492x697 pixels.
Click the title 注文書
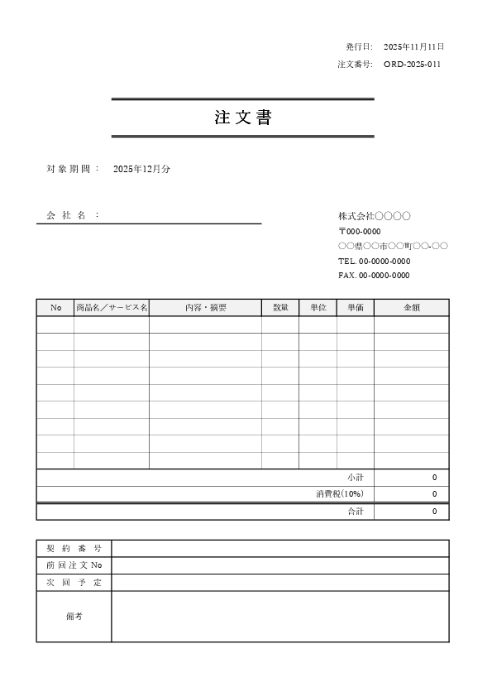tap(242, 118)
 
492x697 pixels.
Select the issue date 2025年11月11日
tap(414, 47)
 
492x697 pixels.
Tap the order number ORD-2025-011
tap(412, 65)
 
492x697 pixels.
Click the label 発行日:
tap(360, 47)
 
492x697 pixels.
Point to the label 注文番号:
tap(356, 65)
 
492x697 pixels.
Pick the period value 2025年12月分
tap(141, 169)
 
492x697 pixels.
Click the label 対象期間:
tap(73, 169)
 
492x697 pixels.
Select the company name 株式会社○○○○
tap(375, 216)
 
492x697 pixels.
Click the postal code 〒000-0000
tap(360, 232)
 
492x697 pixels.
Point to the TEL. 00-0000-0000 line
tap(374, 261)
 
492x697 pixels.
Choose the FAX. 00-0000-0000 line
tap(374, 276)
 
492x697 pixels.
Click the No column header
tap(55, 308)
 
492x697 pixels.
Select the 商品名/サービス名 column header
tap(112, 308)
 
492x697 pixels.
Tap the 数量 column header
tap(280, 308)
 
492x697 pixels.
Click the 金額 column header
tap(411, 308)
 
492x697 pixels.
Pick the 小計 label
tap(356, 478)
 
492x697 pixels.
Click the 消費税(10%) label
tap(340, 494)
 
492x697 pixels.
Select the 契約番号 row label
tap(74, 549)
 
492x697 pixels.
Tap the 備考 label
tap(74, 617)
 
